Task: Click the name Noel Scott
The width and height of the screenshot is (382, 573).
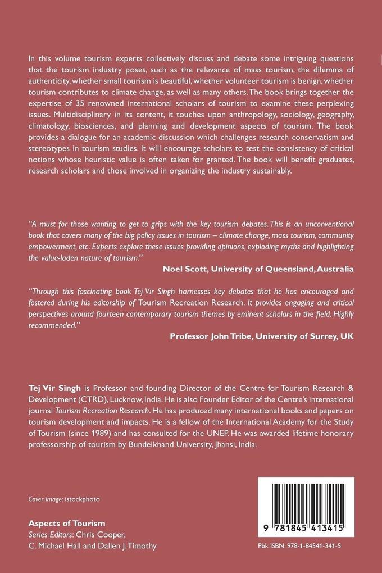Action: pyautogui.click(x=185, y=269)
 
